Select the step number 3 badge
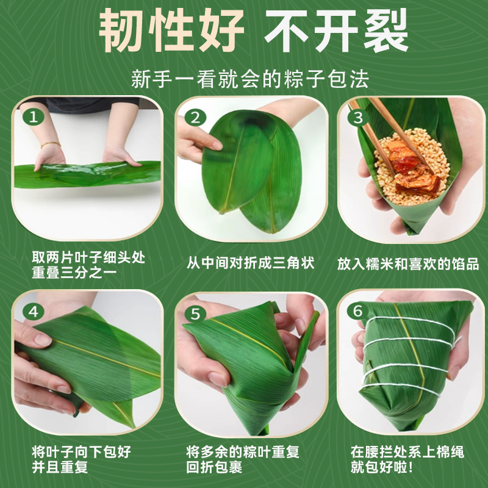point(359,117)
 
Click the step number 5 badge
point(195,314)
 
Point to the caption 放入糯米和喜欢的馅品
point(407,264)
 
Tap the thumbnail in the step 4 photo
point(43,339)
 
